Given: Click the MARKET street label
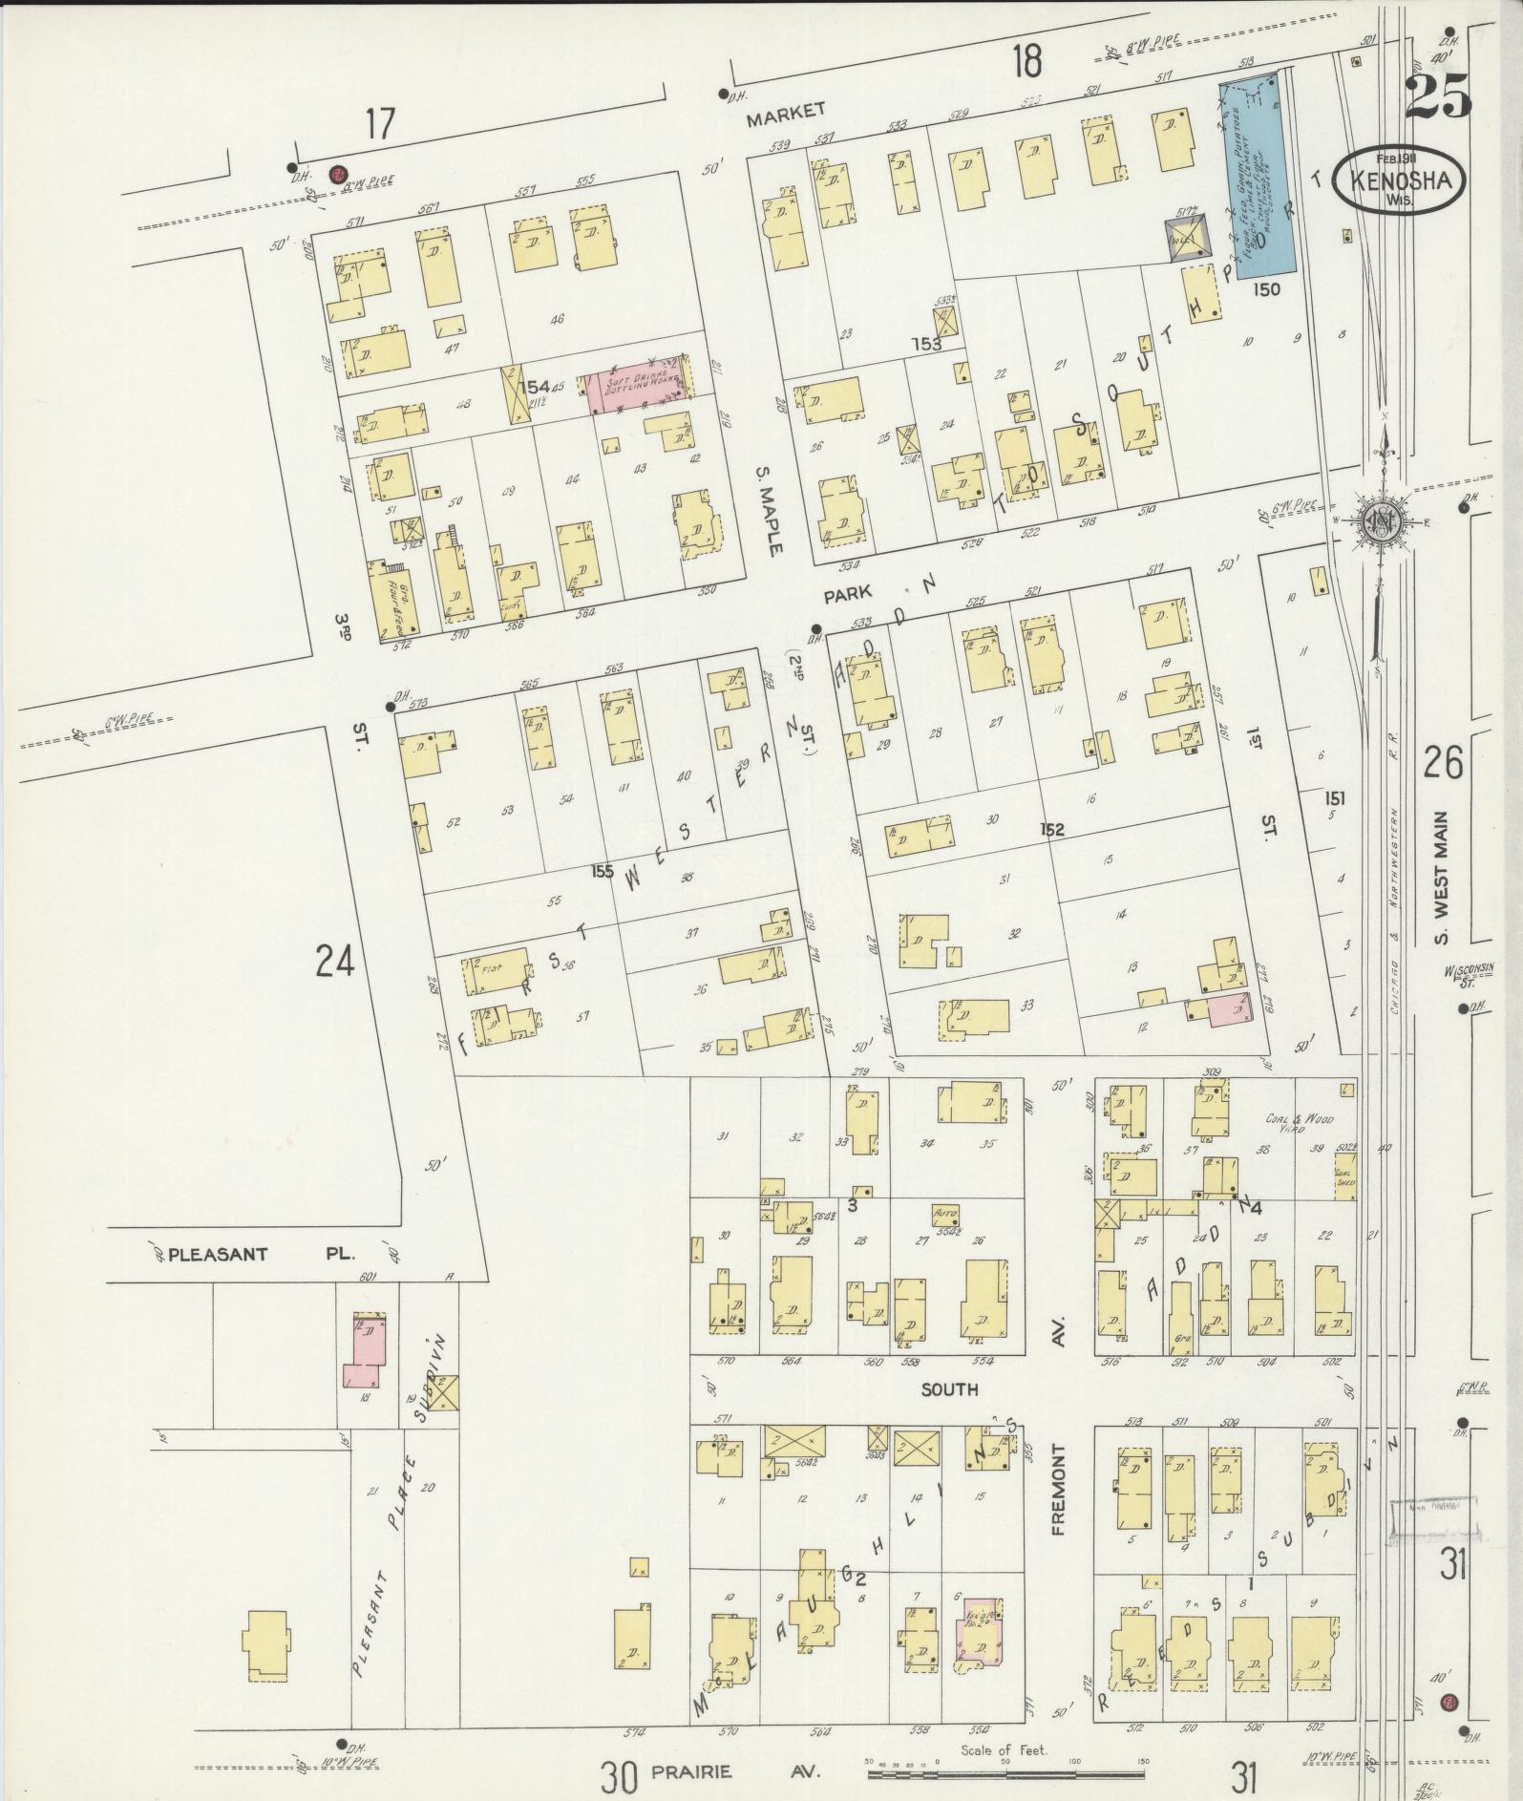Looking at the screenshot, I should click(x=786, y=111).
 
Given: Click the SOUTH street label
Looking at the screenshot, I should click(x=949, y=1389).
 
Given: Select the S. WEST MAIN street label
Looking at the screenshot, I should click(x=1442, y=878).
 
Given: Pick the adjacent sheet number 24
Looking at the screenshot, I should click(x=335, y=961).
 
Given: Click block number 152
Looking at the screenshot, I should click(x=1052, y=830).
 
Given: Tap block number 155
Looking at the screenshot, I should click(x=603, y=870).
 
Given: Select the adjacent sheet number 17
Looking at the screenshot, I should click(x=379, y=124).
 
